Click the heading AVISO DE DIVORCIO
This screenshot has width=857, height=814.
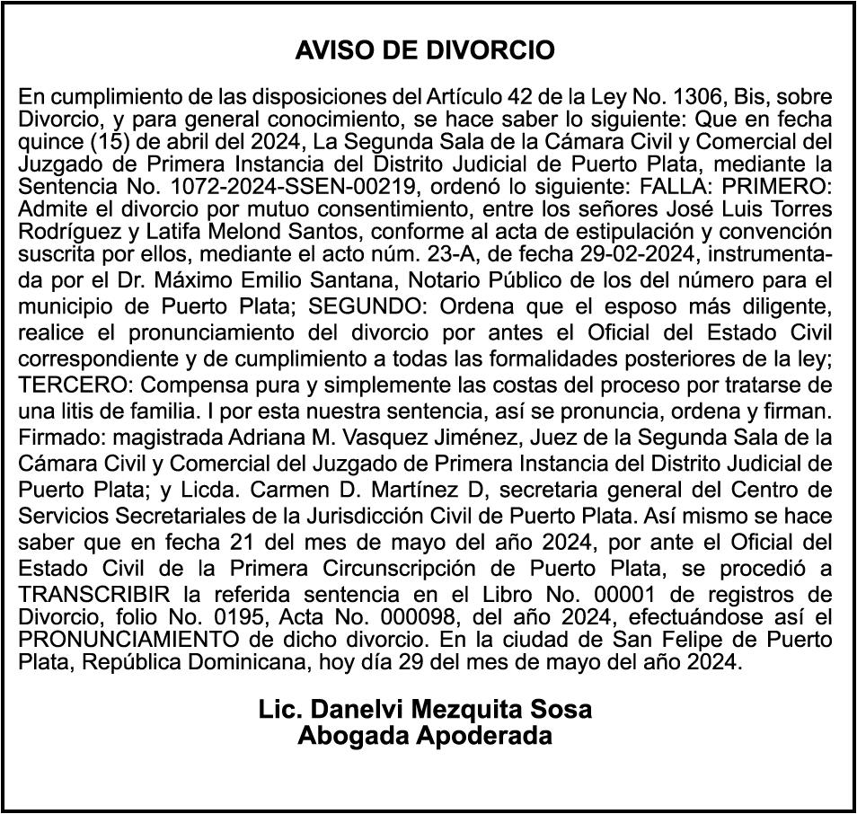(x=425, y=50)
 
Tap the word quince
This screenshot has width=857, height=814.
(x=46, y=142)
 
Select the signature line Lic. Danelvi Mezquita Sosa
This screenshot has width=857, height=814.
(x=425, y=709)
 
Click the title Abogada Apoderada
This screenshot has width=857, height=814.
(x=425, y=736)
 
